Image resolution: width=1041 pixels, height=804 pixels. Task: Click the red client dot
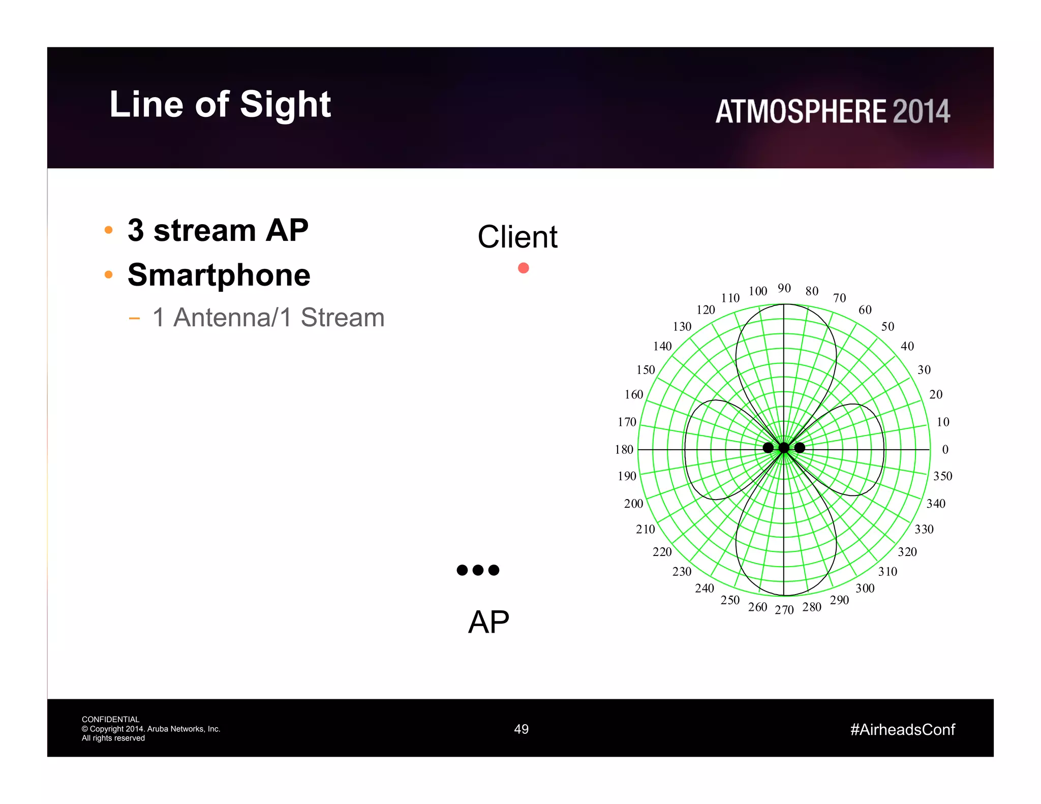(x=523, y=268)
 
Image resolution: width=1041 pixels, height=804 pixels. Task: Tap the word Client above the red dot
(x=517, y=237)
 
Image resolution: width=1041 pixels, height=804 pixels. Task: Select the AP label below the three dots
(x=488, y=622)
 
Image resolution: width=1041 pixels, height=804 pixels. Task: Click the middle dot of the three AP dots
(x=478, y=570)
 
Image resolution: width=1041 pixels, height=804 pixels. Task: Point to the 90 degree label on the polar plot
(x=784, y=288)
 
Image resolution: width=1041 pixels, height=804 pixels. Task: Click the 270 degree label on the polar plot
(x=784, y=610)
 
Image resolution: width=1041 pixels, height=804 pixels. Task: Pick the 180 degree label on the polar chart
(x=624, y=449)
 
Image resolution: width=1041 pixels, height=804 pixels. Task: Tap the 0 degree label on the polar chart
(x=945, y=449)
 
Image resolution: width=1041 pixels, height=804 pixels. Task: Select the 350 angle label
(x=942, y=476)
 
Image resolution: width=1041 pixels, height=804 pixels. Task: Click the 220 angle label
(x=662, y=552)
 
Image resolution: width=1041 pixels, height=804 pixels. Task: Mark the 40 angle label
(x=907, y=346)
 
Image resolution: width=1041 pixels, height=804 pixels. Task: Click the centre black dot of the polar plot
(x=784, y=448)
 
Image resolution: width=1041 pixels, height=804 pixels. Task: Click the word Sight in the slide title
(x=285, y=105)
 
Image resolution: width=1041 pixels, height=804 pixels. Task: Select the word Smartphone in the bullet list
(x=219, y=275)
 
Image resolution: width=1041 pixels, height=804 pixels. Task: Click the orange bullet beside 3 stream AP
(x=108, y=230)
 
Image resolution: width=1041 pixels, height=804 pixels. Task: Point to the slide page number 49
(x=521, y=729)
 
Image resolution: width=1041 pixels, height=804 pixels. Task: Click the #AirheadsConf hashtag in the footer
(x=902, y=730)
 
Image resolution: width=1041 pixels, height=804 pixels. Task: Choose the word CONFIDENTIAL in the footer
(x=110, y=719)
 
